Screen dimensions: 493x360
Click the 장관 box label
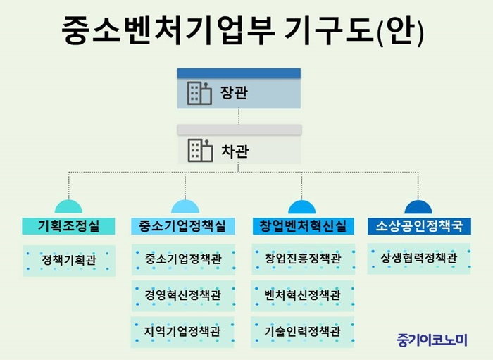tap(234, 92)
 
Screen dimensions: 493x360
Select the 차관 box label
tap(235, 151)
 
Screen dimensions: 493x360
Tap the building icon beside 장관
tap(199, 93)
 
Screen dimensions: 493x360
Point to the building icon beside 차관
tap(200, 151)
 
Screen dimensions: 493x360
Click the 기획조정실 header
tap(68, 226)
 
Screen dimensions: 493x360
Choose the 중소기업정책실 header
tap(183, 226)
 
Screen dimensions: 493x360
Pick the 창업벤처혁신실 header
tap(304, 226)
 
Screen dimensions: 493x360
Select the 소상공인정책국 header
tap(420, 226)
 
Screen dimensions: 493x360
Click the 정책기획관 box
tap(69, 261)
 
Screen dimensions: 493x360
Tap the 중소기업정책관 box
tap(183, 260)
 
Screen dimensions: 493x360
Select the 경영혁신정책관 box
tap(183, 296)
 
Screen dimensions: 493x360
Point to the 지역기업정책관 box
tap(182, 332)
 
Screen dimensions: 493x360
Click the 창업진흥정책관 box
tap(304, 259)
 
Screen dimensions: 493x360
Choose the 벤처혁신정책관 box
tap(302, 296)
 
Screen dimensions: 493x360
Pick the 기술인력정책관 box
tap(302, 332)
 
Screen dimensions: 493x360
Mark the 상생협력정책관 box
tap(419, 259)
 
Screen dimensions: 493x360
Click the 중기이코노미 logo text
tap(432, 340)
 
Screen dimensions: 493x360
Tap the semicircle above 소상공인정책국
tap(418, 208)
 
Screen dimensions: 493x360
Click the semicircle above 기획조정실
tap(68, 208)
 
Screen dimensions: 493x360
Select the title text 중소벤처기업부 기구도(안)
tap(243, 30)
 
